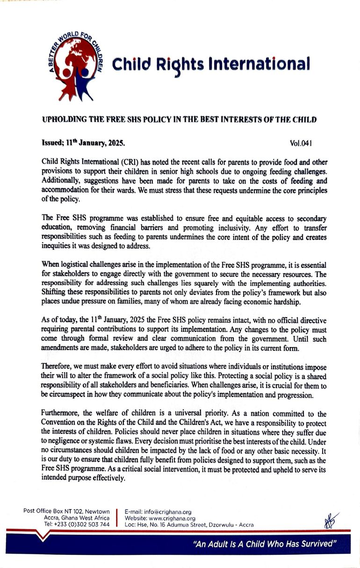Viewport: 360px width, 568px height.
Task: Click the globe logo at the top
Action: [x=75, y=65]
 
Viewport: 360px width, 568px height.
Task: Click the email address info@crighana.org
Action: [x=158, y=512]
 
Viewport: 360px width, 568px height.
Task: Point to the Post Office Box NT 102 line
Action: [x=66, y=511]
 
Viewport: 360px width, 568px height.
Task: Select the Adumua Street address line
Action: [x=189, y=525]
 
